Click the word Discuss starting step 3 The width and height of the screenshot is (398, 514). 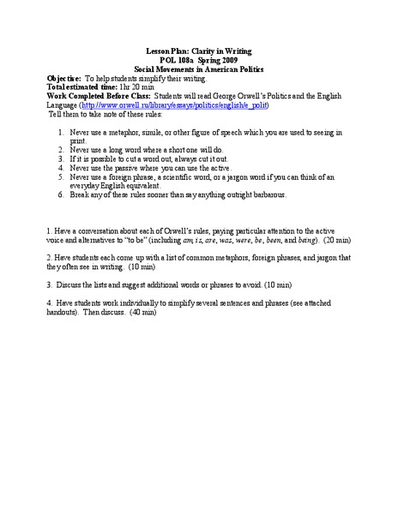tap(75, 284)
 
